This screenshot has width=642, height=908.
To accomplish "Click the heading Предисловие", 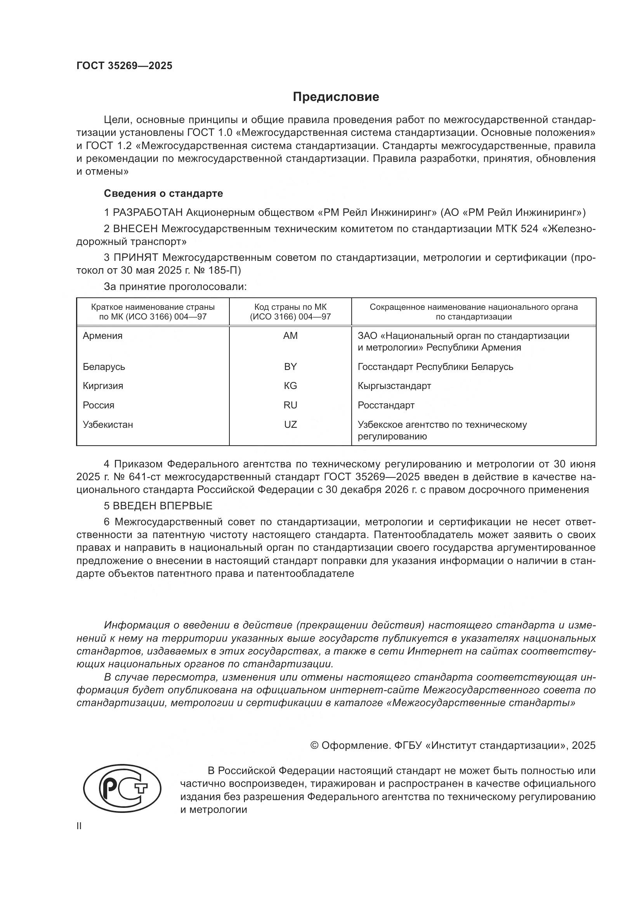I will point(336,97).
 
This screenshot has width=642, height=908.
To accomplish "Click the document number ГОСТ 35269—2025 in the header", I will point(124,66).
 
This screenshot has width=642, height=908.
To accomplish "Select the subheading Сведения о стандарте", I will point(163,193).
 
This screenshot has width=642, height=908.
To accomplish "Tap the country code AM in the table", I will point(290,336).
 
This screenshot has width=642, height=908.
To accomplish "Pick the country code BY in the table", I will point(290,366).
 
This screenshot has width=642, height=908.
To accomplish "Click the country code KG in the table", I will point(290,385).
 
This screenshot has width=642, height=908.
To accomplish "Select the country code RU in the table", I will point(290,405).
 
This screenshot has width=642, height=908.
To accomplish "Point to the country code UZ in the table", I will point(290,424).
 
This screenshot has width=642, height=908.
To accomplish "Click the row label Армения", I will point(102,336).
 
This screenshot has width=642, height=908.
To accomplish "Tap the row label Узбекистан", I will point(108,424).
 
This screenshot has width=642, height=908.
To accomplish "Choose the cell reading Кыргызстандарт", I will point(394,385).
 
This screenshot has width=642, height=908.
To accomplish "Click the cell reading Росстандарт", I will point(386,405).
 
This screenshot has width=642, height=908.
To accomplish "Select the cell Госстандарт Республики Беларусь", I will point(435,366).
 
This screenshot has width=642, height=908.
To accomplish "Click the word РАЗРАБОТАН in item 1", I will point(148,213).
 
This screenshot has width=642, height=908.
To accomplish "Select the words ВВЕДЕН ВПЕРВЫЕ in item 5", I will point(163,506).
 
